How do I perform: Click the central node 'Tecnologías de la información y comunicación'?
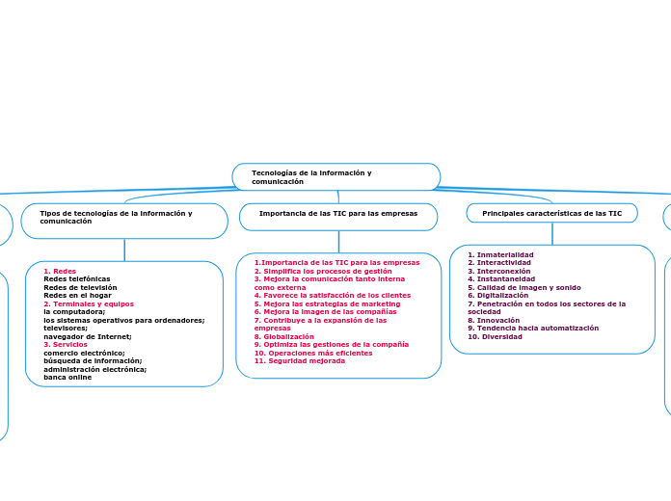click(335, 176)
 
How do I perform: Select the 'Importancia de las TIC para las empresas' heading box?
click(338, 214)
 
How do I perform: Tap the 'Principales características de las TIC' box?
click(551, 213)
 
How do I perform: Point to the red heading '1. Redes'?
click(60, 272)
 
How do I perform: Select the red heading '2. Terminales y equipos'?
click(89, 303)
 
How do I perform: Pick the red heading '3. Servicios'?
click(66, 344)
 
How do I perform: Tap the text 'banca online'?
click(67, 377)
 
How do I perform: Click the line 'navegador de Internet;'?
click(88, 336)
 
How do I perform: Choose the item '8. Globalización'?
click(284, 336)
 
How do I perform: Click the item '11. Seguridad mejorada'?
click(300, 360)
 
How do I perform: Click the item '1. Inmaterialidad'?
click(500, 255)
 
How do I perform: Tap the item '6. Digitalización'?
click(497, 296)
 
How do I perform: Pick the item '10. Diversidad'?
click(495, 336)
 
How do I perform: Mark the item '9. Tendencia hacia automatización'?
click(533, 328)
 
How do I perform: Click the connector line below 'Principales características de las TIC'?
click(552, 233)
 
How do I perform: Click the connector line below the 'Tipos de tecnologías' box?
click(124, 250)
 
